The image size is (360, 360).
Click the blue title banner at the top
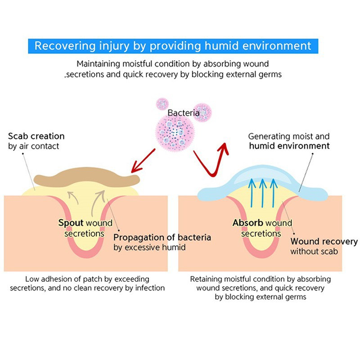[173, 46]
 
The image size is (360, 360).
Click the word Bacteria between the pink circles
[184, 113]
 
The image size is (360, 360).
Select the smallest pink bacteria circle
[162, 104]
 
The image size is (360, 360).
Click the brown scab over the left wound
[87, 177]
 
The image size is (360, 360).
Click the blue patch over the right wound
[262, 184]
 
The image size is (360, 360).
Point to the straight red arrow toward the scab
[143, 161]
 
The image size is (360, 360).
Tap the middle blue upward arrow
[263, 193]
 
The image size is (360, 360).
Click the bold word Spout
[71, 223]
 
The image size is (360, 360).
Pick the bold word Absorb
[248, 223]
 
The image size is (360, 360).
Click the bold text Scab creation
[36, 136]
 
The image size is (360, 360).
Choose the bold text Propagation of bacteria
[162, 238]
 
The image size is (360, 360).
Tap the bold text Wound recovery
[324, 242]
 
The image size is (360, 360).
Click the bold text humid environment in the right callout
[289, 146]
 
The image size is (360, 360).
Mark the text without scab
[314, 252]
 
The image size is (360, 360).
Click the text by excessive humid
[149, 247]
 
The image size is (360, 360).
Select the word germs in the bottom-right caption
[295, 297]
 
